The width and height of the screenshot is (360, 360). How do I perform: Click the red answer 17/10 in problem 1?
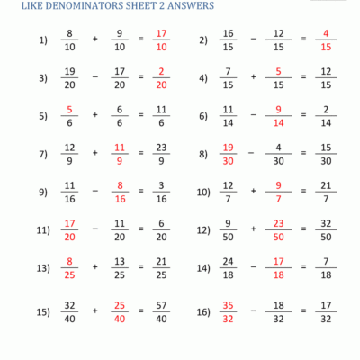(x=161, y=40)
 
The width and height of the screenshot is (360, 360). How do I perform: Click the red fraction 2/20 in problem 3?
(x=161, y=78)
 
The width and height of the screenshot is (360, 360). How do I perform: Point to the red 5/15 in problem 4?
(x=279, y=78)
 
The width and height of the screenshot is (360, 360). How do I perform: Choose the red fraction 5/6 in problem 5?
(x=69, y=116)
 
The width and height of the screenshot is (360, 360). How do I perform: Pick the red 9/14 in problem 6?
(x=279, y=116)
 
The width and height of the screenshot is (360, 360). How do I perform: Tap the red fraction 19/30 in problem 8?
(x=229, y=154)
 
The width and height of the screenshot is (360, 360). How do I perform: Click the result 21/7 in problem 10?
(x=326, y=192)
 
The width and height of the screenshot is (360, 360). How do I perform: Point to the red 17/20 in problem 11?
(x=69, y=229)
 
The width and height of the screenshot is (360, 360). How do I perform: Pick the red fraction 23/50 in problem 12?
(x=279, y=229)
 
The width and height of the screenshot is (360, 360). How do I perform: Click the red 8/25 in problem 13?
(x=69, y=267)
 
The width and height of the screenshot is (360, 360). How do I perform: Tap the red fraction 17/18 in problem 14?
(x=279, y=267)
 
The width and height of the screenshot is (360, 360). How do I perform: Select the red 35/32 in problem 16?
(x=229, y=311)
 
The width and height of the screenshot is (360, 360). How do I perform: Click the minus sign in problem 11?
(x=94, y=229)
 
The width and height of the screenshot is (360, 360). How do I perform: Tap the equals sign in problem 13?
(x=141, y=267)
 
